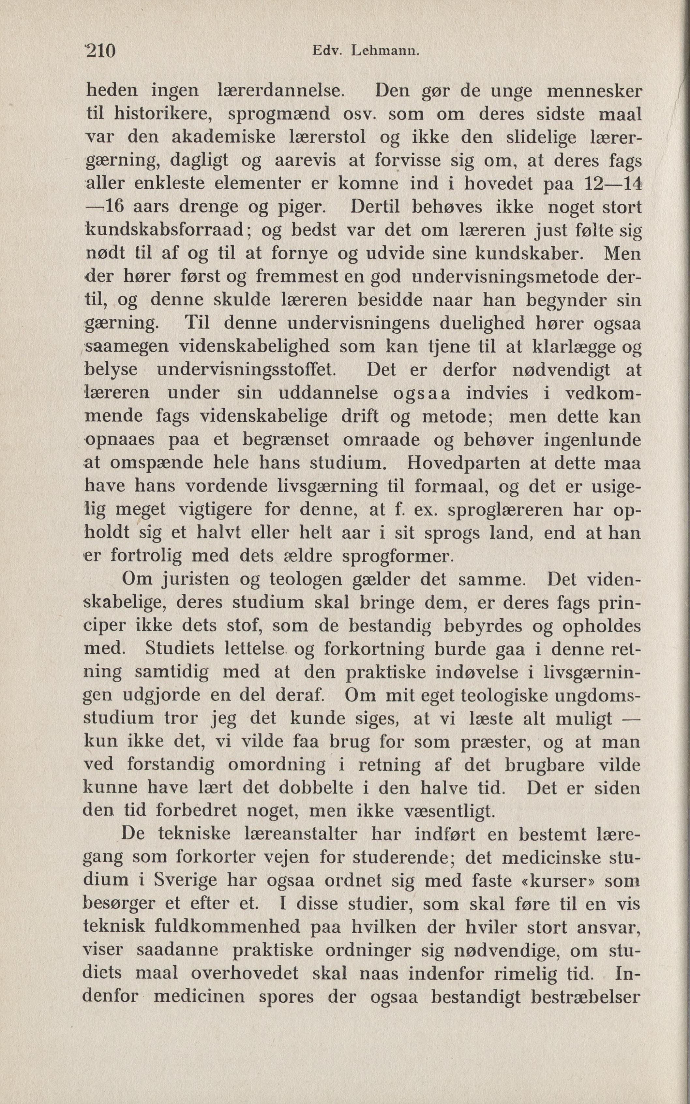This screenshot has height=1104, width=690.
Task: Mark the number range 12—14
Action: [x=613, y=183]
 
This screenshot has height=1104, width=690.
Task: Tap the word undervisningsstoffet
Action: [x=247, y=370]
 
